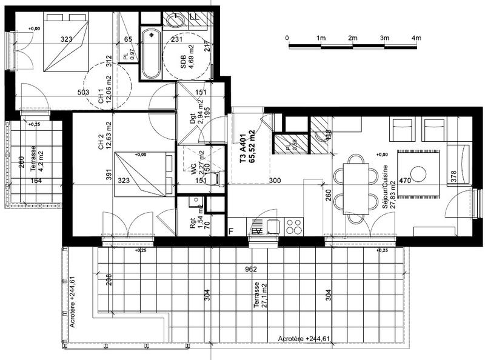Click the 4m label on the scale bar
416,38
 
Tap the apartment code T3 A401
243,148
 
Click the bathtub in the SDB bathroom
150,55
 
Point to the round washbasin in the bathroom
176,21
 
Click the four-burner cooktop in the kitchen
294,227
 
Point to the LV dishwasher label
256,231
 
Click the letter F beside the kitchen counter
230,231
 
